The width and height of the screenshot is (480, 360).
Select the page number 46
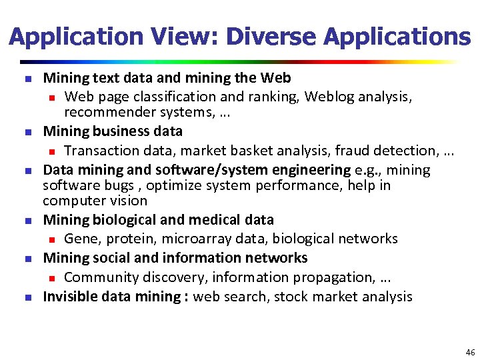470,351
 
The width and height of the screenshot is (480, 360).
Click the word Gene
79,239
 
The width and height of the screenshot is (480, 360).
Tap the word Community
99,277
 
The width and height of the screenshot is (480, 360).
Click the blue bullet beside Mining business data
28,132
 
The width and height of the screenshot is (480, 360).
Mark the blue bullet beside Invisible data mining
28,297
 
